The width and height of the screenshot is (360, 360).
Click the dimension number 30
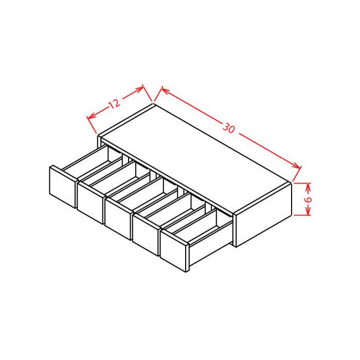pyautogui.click(x=229, y=129)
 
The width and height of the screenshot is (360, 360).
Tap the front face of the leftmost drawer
pyautogui.click(x=62, y=187)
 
